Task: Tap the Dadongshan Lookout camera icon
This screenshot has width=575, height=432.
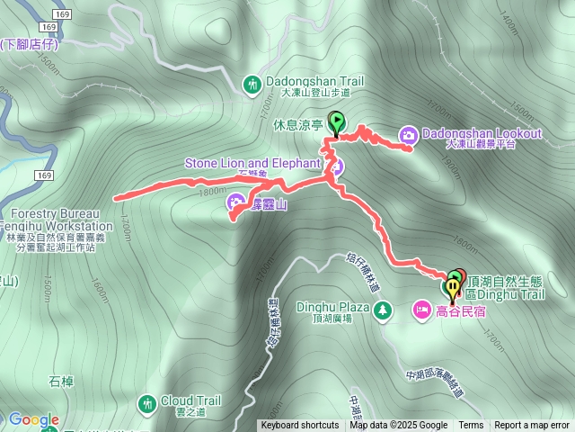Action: coord(409,134)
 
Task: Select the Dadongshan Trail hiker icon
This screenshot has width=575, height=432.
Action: coord(252,84)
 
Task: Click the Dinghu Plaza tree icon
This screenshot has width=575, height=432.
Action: coord(384,310)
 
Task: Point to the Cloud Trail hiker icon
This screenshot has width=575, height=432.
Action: coord(146,402)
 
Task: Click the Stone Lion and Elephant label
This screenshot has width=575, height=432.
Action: coord(252,163)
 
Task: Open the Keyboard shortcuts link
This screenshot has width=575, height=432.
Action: coord(300,426)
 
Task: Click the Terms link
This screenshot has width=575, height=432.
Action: coord(471,426)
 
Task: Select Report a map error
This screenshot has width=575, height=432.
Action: coord(532,426)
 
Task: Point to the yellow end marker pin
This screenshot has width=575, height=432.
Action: coord(451,288)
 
